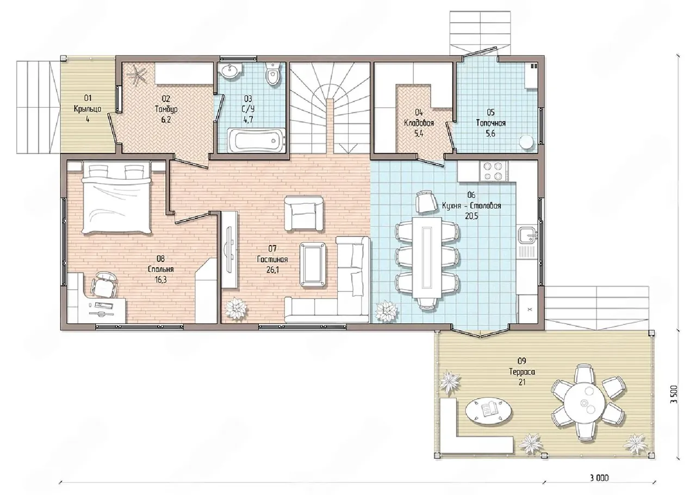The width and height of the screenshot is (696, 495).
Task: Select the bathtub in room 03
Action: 256,140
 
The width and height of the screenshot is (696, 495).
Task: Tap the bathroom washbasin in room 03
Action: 230,71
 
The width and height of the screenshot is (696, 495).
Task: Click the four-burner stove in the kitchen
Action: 494,171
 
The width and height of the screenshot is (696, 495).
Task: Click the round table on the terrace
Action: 584,403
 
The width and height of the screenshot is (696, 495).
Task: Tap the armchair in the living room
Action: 303,213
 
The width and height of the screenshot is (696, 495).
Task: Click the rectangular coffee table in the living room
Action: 313,264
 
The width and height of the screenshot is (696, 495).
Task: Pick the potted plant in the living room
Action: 236,308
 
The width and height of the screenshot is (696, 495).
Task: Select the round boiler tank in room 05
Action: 526,142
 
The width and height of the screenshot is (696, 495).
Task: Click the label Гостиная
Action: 272,259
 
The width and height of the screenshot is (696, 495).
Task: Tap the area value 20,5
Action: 471,216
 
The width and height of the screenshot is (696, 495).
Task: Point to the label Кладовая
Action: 419,123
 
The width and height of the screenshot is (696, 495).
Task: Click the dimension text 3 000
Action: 599,478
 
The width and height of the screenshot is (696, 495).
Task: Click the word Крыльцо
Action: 88,109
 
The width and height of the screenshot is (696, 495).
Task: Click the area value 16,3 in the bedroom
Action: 161,280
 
